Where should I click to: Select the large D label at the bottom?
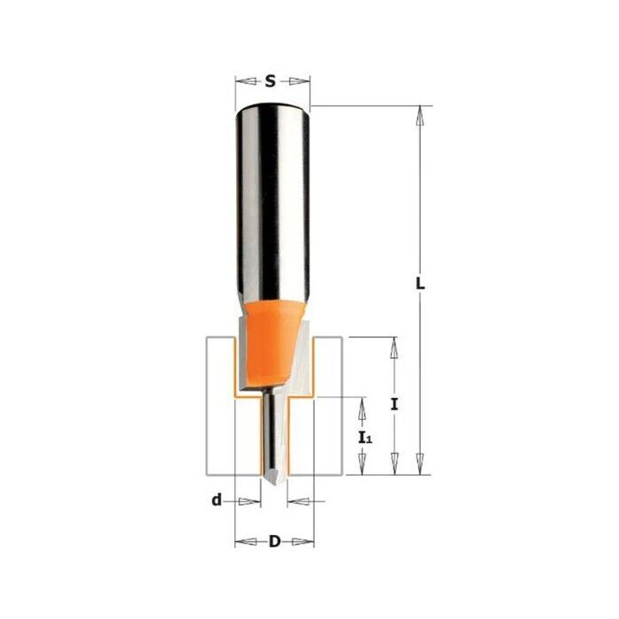coord(274,540)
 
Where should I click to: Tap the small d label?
coord(215,501)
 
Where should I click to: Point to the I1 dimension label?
coord(365,438)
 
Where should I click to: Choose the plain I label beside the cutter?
coord(395,405)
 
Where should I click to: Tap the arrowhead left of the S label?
coord(241,81)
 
